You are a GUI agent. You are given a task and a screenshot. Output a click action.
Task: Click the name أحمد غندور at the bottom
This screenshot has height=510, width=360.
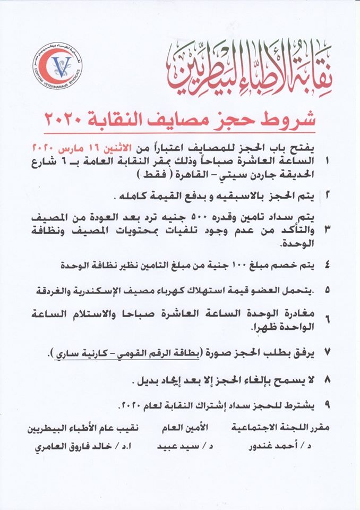click(281, 447)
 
